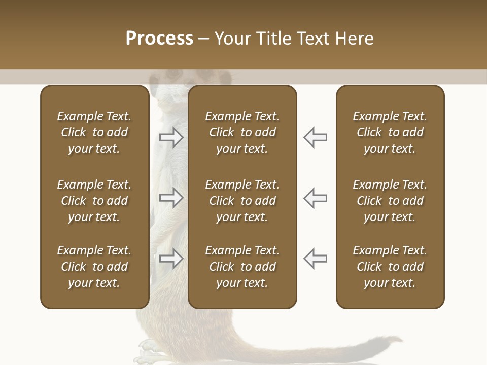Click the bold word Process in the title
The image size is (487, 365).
(159, 39)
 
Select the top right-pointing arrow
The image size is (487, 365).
(171, 137)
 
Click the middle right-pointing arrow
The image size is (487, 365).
(171, 198)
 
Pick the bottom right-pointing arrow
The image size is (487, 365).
(171, 259)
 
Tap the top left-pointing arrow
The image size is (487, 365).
(315, 137)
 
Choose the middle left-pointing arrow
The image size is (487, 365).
(315, 198)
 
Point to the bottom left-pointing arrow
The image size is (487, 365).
(315, 259)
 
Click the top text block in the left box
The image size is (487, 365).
(94, 132)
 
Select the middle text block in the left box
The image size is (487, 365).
(94, 201)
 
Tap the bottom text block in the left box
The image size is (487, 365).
(94, 267)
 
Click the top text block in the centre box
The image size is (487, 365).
(242, 132)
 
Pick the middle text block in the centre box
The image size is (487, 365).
(242, 201)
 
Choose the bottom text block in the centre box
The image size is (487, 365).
(242, 267)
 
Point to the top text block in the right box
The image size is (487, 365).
(390, 132)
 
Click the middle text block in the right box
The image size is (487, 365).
(390, 201)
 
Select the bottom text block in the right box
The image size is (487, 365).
(390, 267)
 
